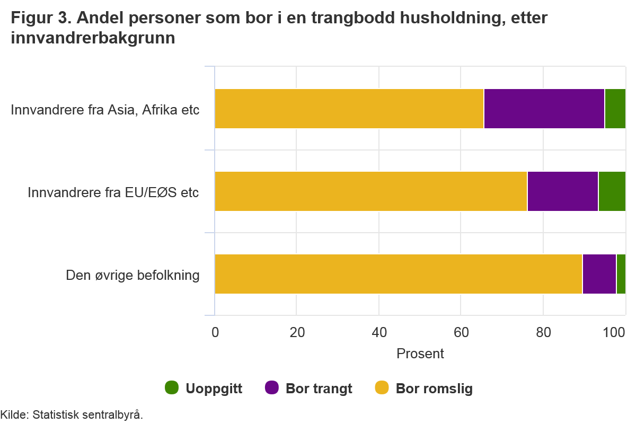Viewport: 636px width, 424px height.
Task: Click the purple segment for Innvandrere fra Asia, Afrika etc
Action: [544, 109]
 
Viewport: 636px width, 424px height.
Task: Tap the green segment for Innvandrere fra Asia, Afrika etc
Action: [615, 109]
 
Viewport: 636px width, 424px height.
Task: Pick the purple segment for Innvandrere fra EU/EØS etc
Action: [562, 191]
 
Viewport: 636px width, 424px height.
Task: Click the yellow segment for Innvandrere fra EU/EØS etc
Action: [370, 191]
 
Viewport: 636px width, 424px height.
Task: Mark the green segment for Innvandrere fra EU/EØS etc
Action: [612, 191]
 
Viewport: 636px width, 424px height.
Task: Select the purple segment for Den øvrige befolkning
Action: [599, 274]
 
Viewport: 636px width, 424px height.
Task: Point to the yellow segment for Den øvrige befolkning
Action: [398, 274]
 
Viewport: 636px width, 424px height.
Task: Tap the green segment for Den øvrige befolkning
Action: [621, 274]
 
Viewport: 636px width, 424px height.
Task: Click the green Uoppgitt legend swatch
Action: [172, 388]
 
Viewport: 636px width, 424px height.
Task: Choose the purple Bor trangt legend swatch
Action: [271, 388]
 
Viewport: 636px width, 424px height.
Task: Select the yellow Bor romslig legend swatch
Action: [382, 388]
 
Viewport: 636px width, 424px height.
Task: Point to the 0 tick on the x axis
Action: [215, 333]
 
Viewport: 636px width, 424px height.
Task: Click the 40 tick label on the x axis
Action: [379, 333]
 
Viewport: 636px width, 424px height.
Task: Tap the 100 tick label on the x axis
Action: [615, 333]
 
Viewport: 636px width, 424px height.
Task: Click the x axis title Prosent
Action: [420, 353]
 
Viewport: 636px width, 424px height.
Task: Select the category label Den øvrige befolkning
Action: [132, 275]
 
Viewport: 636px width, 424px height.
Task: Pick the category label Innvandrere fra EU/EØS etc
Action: [113, 192]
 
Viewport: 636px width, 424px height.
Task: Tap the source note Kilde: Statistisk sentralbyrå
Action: [72, 414]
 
